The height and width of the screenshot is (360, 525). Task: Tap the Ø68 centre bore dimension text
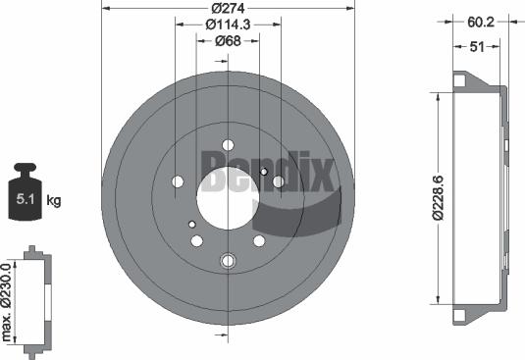click(230, 40)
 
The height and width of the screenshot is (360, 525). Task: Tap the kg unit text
click(54, 201)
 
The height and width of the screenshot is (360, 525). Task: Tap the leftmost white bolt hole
click(178, 181)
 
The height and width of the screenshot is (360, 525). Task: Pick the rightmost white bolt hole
click(279, 181)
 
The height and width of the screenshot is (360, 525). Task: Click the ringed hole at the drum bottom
click(229, 261)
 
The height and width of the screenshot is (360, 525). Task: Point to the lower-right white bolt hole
click(259, 240)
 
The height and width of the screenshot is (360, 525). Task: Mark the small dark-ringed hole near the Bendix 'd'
click(263, 173)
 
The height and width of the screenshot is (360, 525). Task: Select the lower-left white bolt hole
click(197, 240)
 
